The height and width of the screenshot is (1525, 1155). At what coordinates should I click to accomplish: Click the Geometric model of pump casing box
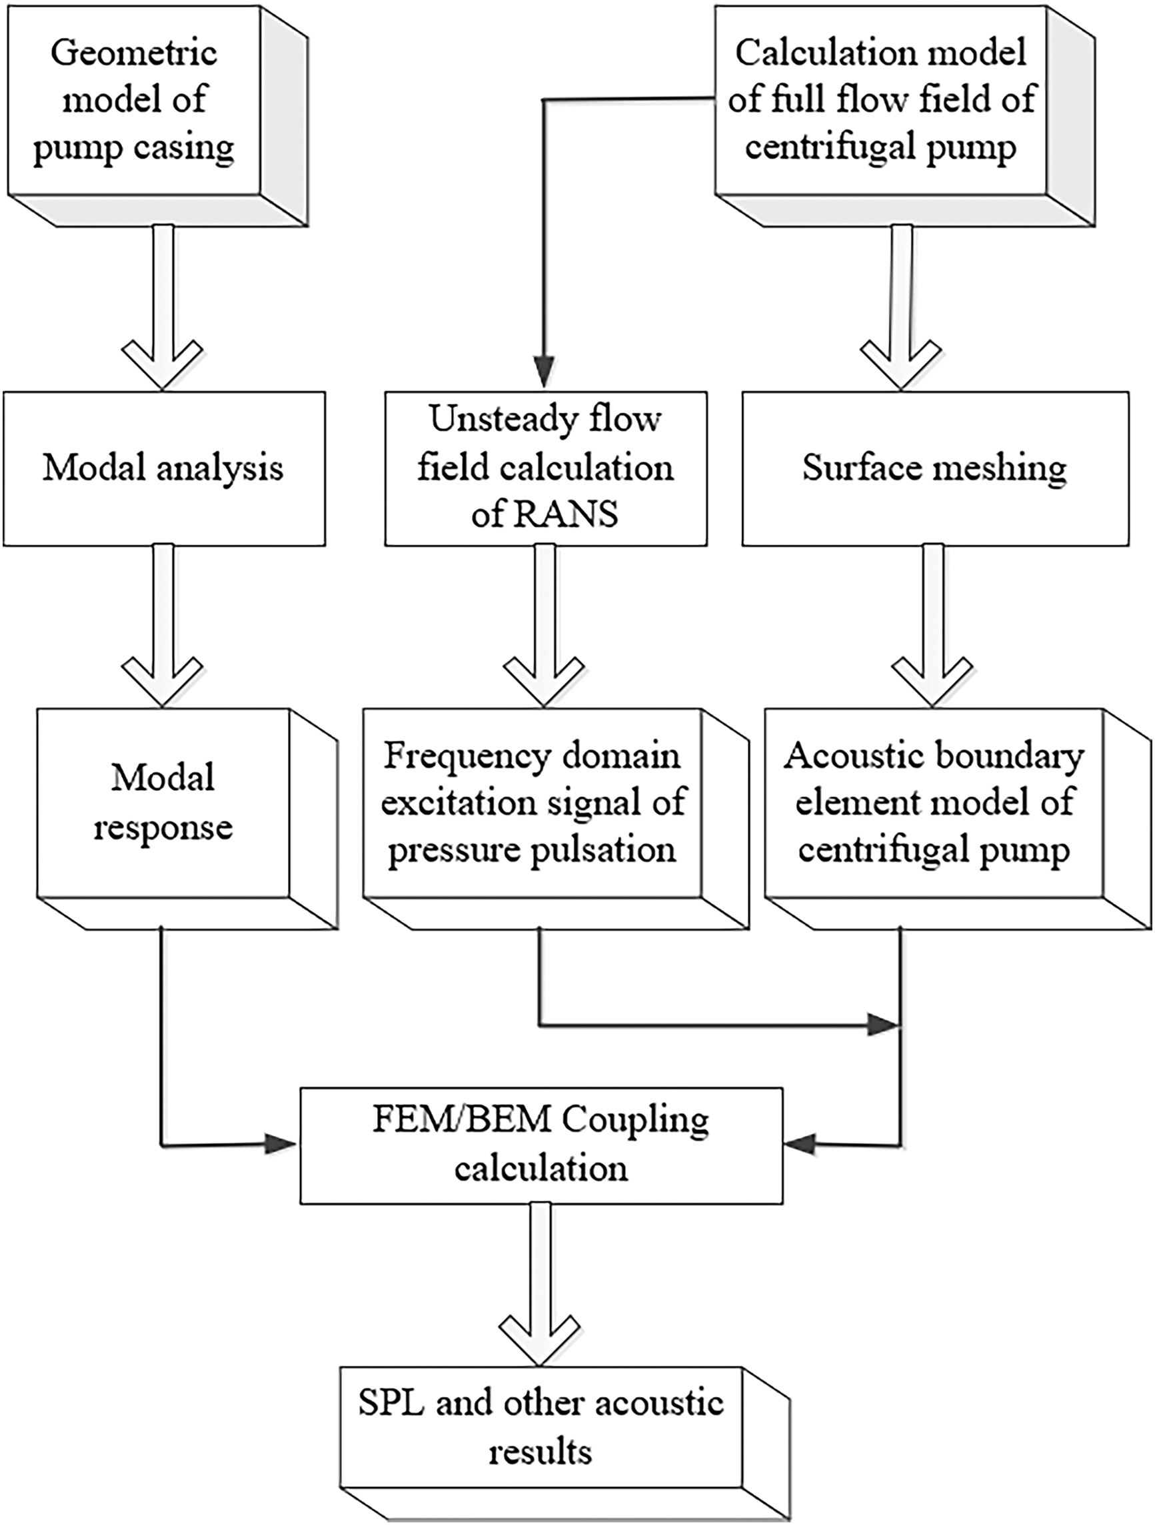click(135, 100)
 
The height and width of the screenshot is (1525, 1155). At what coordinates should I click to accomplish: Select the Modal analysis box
click(163, 469)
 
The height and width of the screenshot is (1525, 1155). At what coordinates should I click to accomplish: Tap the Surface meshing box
click(934, 469)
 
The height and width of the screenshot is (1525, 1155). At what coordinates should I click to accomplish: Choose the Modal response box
click(163, 803)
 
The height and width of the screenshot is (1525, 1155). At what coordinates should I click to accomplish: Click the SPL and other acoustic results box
click(541, 1427)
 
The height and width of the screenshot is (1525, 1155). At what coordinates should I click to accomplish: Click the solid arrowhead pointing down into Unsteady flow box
click(545, 372)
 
